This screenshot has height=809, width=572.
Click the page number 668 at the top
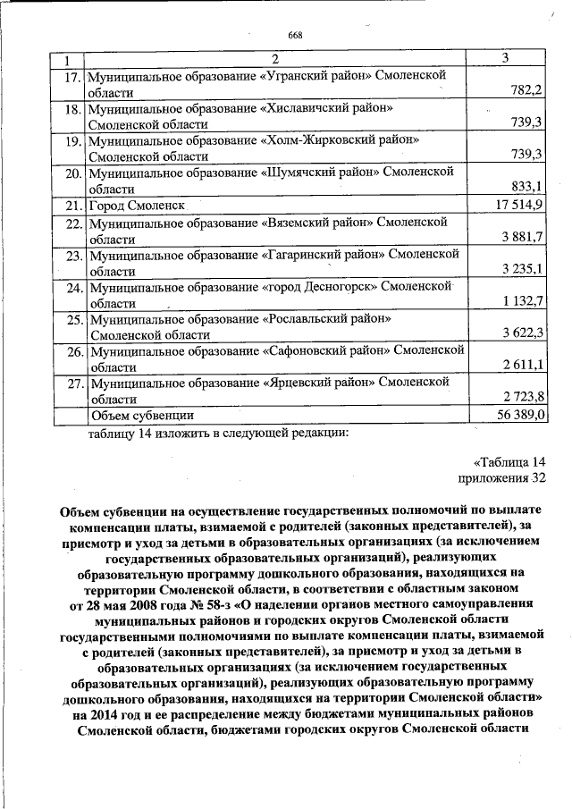[x=296, y=35]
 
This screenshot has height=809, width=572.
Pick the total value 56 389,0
[x=519, y=416]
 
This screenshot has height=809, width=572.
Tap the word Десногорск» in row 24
[x=347, y=287]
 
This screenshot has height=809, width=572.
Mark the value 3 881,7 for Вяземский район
[x=521, y=238]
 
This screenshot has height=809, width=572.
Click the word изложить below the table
[x=171, y=434]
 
